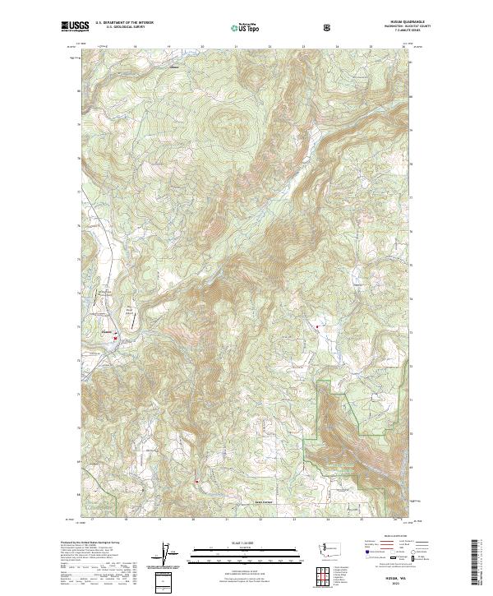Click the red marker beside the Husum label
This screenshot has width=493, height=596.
(115, 337)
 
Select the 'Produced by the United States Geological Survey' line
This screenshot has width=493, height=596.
(91, 543)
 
